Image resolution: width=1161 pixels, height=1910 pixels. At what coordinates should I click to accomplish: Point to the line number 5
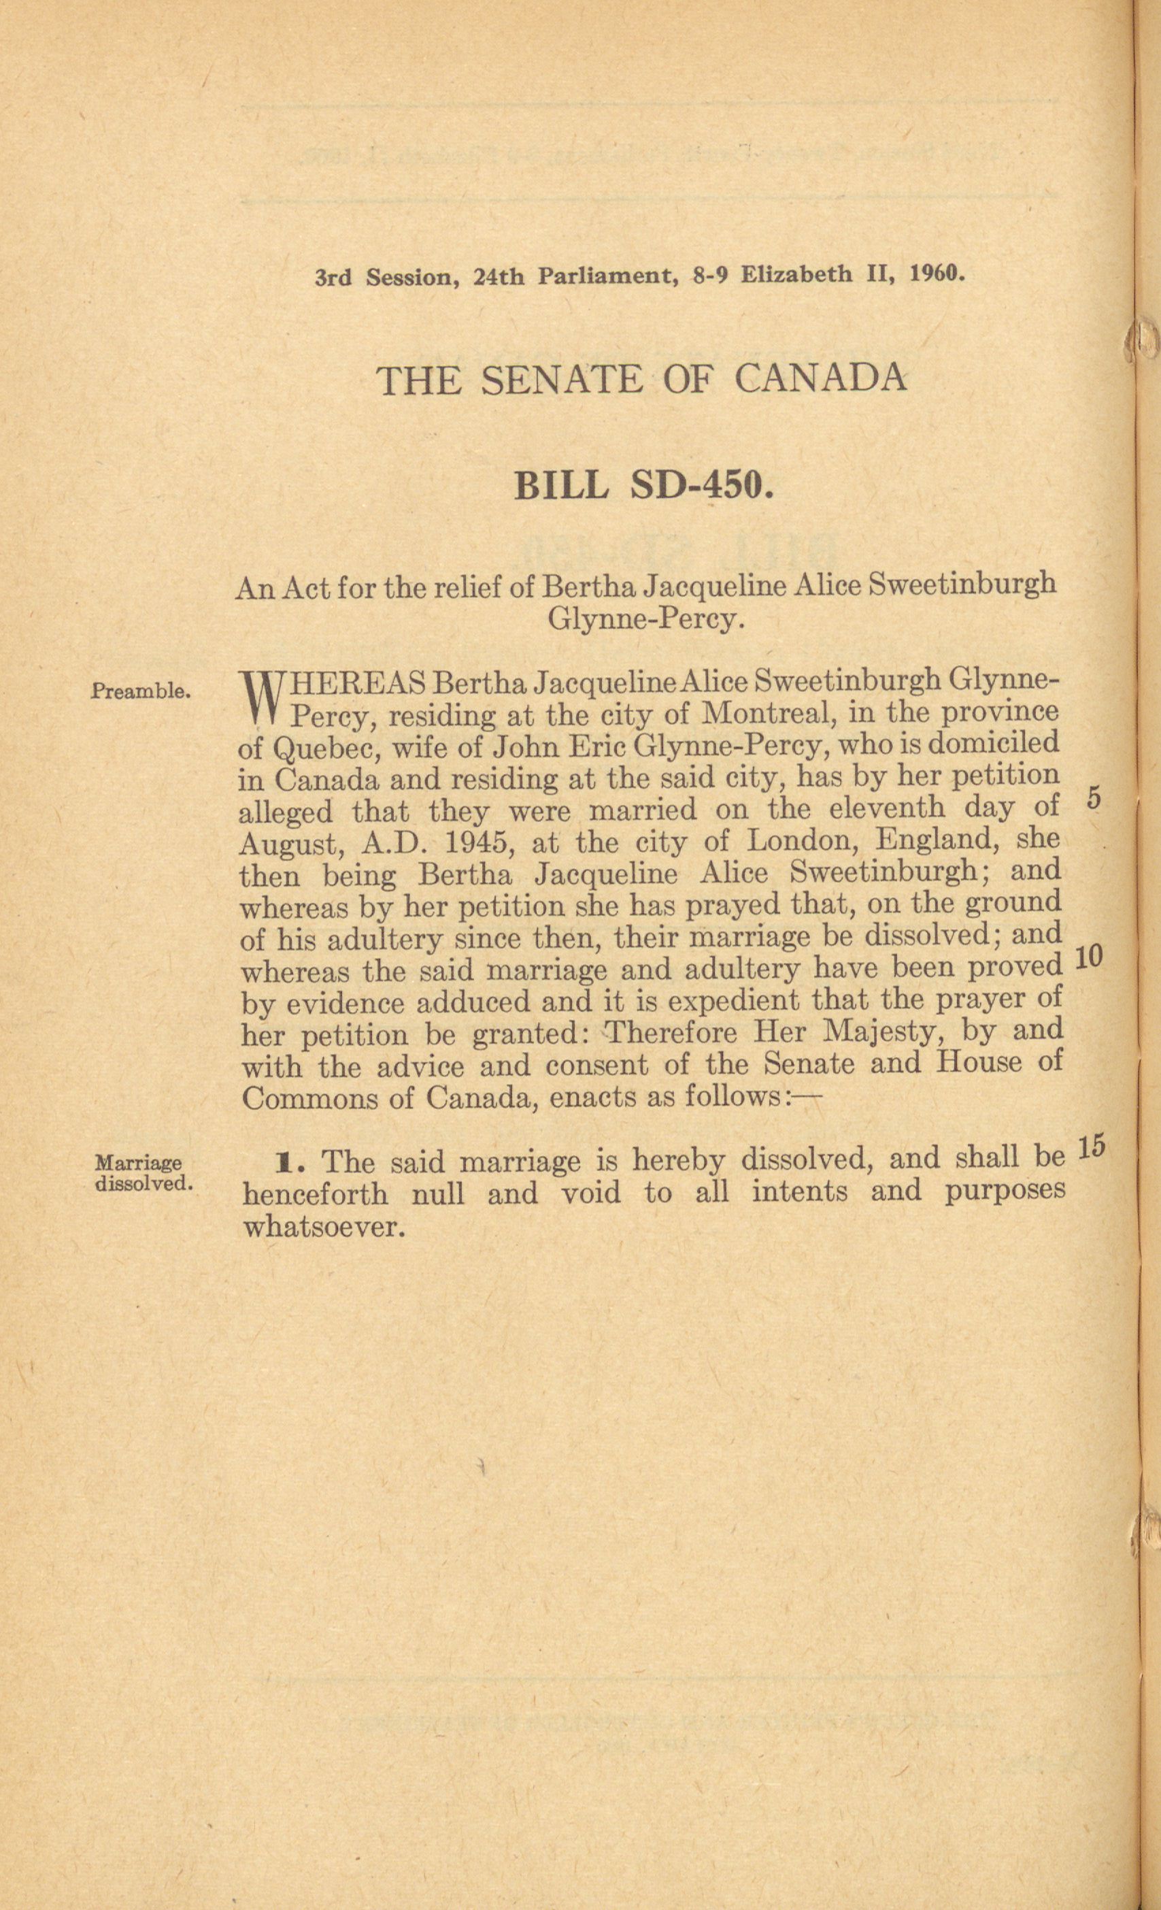click(x=1094, y=800)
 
